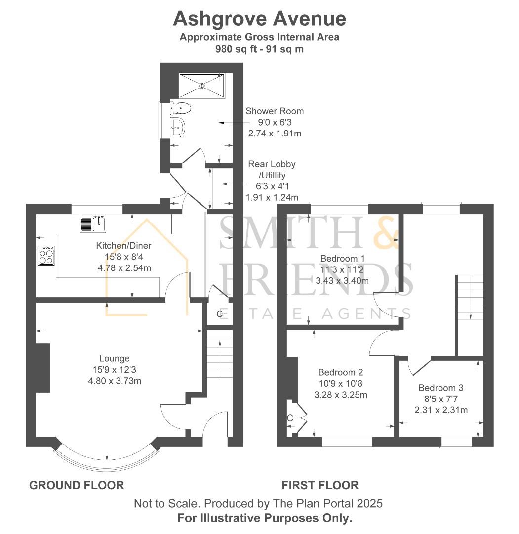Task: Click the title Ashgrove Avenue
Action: click(x=259, y=19)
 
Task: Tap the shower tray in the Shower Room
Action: click(x=201, y=86)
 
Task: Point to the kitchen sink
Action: click(x=93, y=223)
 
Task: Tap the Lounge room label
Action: click(x=114, y=358)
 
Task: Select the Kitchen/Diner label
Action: click(x=123, y=245)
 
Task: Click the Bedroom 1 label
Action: click(x=342, y=258)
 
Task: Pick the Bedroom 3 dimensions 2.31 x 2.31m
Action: click(x=441, y=410)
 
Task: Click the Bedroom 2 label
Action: click(x=340, y=372)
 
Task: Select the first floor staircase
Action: click(x=470, y=298)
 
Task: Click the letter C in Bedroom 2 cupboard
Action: click(x=290, y=419)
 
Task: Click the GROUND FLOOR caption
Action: click(x=77, y=485)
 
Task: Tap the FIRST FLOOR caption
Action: click(x=320, y=485)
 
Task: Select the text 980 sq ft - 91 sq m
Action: click(x=259, y=49)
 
